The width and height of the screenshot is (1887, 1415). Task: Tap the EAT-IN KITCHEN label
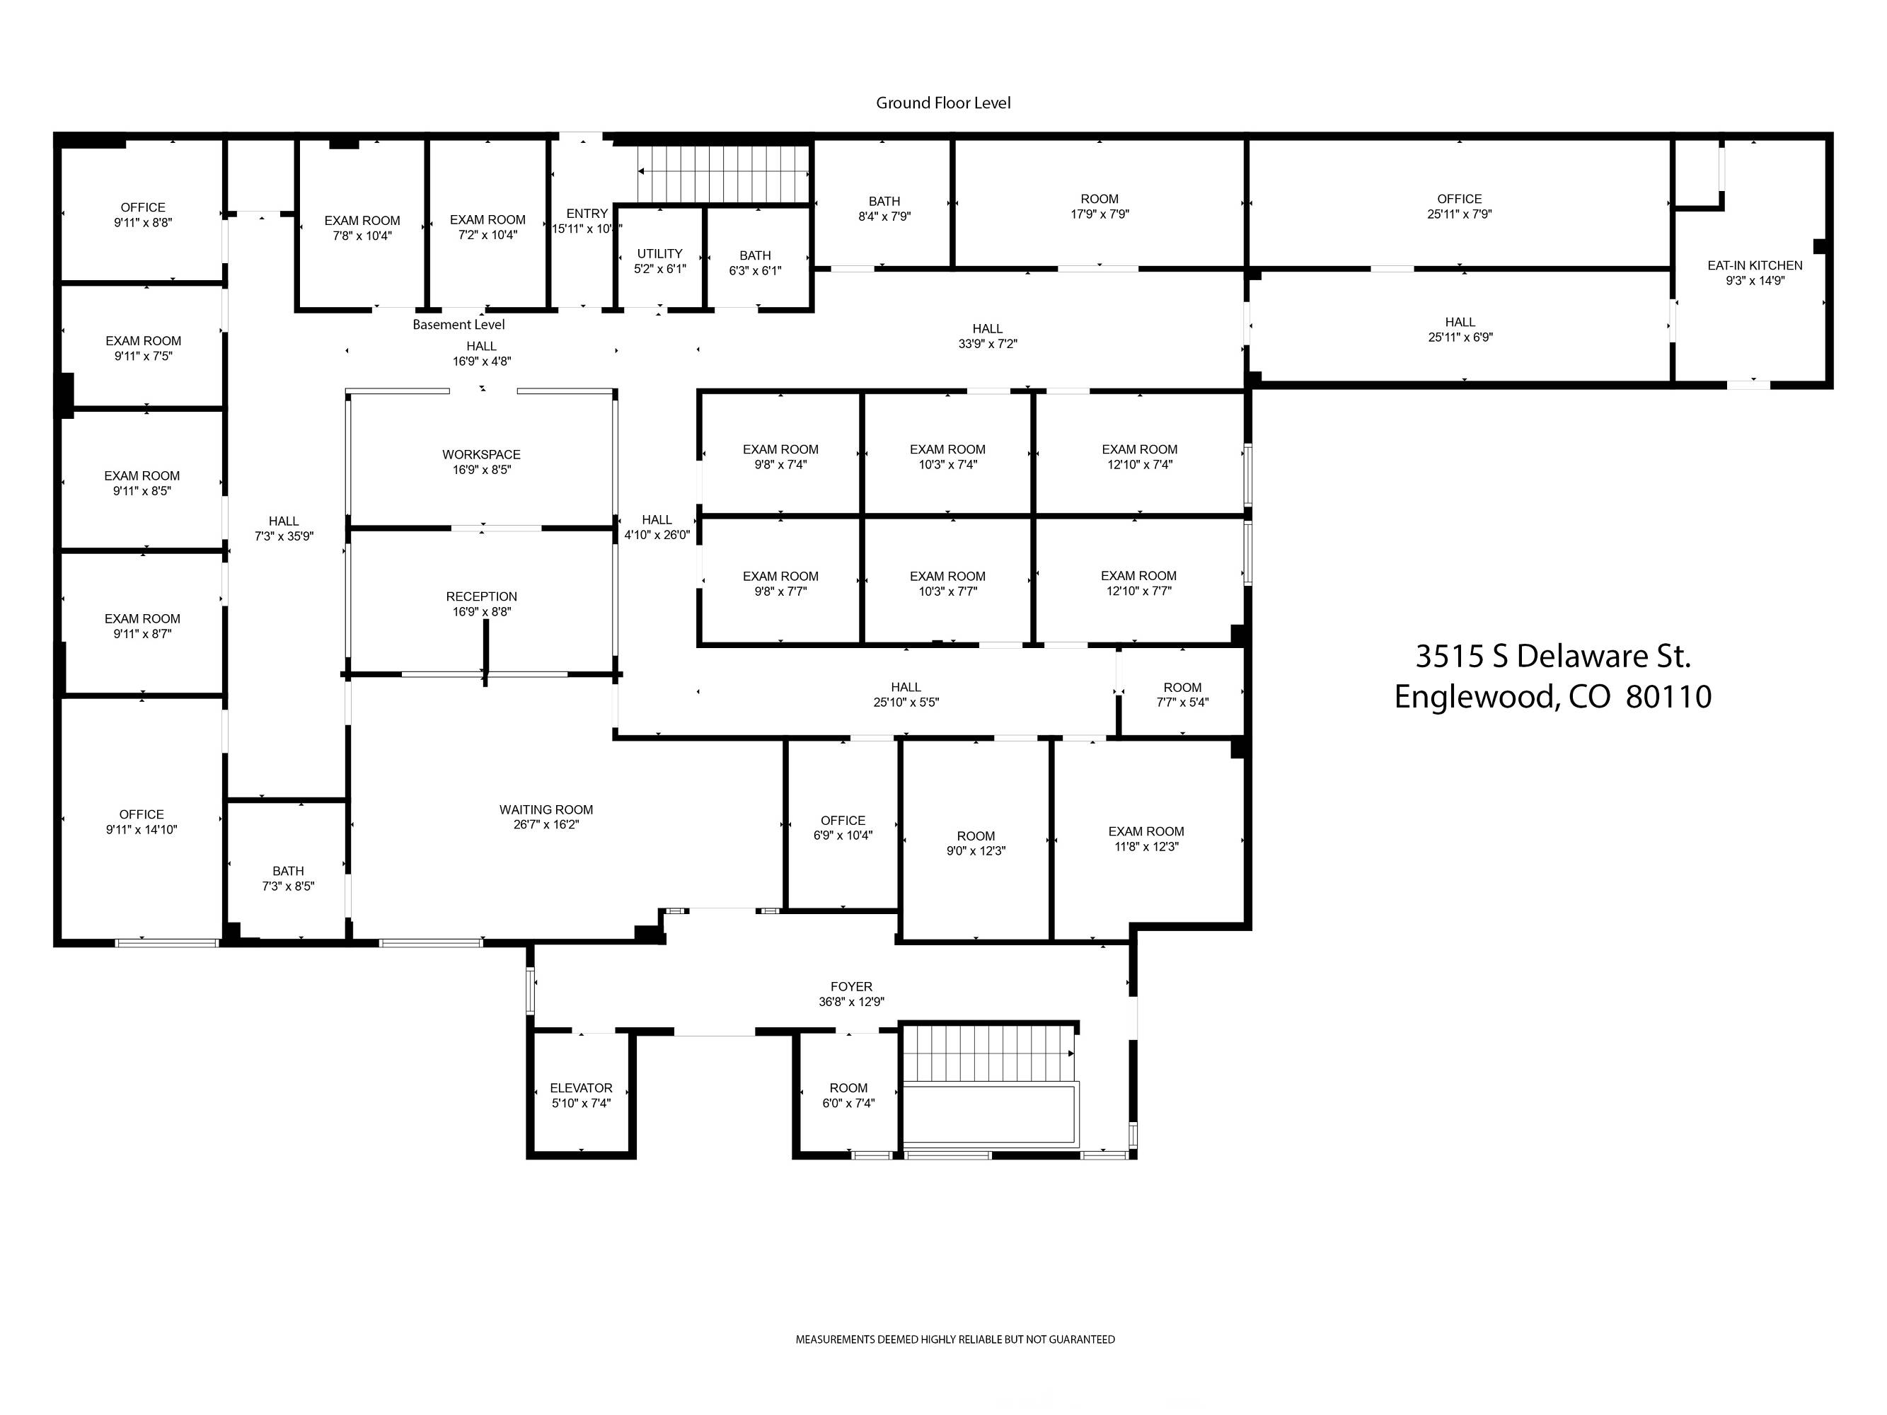[1755, 265]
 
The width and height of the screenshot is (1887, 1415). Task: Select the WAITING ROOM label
[546, 809]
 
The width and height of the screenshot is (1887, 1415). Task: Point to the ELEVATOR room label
[581, 1087]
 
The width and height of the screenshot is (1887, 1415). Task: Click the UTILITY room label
[659, 253]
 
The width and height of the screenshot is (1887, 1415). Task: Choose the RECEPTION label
[481, 596]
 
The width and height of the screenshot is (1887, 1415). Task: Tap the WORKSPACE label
[481, 455]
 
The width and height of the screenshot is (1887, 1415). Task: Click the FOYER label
[851, 987]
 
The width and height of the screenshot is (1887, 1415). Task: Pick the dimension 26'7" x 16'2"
[546, 825]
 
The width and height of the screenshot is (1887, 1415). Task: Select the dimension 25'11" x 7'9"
[1460, 214]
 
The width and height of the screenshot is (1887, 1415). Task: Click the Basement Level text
[459, 324]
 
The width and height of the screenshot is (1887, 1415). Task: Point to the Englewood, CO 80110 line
[1552, 697]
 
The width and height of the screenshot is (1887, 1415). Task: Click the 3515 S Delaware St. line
[1552, 656]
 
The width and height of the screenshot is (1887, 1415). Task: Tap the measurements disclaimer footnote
[955, 1339]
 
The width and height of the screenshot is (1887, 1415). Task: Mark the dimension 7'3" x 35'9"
[284, 536]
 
